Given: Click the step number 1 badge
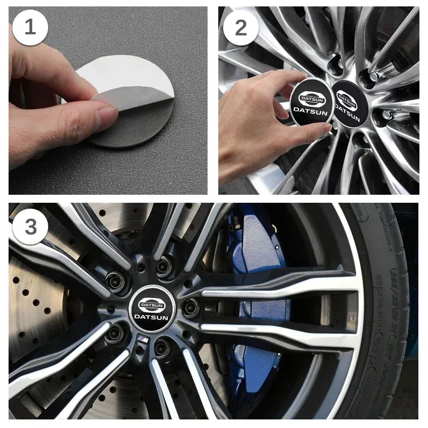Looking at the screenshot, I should coord(30,27).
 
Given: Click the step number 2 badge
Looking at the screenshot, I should coord(240,27).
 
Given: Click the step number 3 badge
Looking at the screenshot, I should coord(30,226).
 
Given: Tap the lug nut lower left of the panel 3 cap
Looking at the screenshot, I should coord(115,334).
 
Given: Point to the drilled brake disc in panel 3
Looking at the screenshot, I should coord(37,305).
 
